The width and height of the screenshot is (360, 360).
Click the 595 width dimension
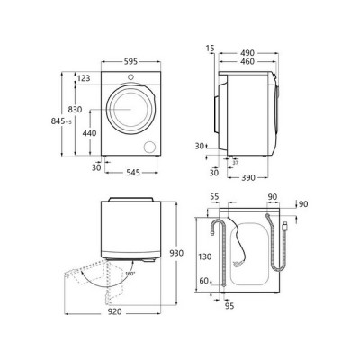(130, 61)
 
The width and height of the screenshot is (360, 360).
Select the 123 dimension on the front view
(84, 79)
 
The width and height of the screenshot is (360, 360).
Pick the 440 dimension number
(89, 132)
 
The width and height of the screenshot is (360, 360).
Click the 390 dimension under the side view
(251, 178)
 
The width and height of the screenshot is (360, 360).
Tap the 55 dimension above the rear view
(215, 195)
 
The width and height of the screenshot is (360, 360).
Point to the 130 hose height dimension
(205, 256)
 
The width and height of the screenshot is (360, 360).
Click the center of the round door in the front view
(130, 112)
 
